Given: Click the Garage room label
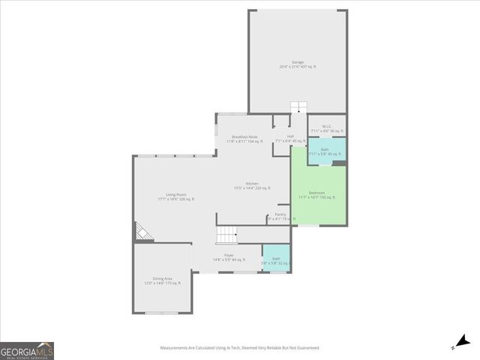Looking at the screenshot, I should (x=298, y=62).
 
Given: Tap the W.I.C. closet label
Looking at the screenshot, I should (x=327, y=126).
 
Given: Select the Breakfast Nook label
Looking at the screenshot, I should (x=244, y=136).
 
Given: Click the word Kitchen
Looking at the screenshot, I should (x=252, y=184).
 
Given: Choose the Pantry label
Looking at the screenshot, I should (x=280, y=215).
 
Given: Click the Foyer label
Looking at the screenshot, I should (x=229, y=255).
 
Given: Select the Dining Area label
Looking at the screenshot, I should (x=163, y=279).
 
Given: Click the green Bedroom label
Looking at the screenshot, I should (x=316, y=193).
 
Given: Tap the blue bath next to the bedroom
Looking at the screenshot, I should (x=325, y=151).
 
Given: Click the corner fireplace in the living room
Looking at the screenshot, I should (x=142, y=232).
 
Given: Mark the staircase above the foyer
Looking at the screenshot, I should (x=227, y=235).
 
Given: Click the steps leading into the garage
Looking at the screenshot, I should (x=298, y=106).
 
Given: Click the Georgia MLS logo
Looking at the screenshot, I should (x=27, y=351).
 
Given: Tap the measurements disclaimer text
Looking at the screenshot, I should (x=240, y=348).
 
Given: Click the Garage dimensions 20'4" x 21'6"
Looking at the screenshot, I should (x=298, y=67).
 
